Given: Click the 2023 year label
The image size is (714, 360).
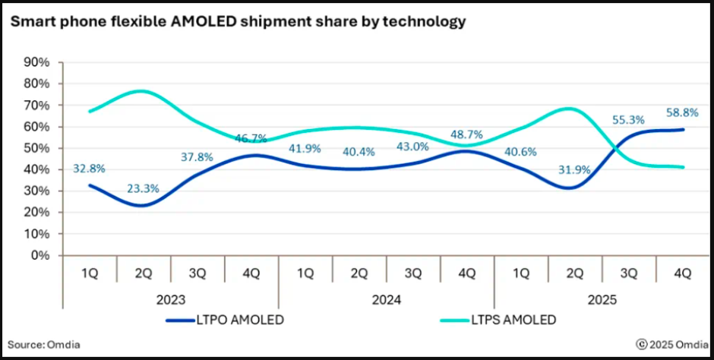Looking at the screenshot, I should click(171, 299).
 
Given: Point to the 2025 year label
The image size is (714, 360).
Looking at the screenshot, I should click(603, 299).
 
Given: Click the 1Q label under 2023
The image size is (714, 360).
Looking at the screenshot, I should click(90, 272).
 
